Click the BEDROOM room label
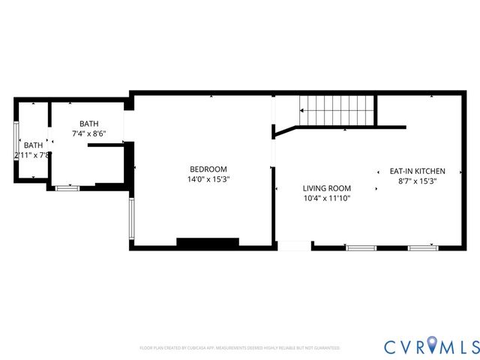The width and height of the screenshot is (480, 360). pyautogui.click(x=208, y=169)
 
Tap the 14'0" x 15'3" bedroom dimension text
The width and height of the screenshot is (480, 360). pyautogui.click(x=208, y=179)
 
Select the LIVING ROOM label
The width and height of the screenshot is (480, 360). pyautogui.click(x=326, y=188)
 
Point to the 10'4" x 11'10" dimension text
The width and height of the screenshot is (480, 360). pyautogui.click(x=326, y=198)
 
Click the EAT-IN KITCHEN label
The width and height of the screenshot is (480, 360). pyautogui.click(x=417, y=171)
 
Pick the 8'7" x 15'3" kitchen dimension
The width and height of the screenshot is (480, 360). pyautogui.click(x=417, y=181)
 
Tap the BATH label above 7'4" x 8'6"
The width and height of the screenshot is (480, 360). pyautogui.click(x=89, y=124)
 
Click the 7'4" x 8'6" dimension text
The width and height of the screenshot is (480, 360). pyautogui.click(x=89, y=134)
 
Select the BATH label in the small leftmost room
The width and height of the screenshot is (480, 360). pyautogui.click(x=33, y=145)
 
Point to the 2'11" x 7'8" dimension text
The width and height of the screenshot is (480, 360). pyautogui.click(x=31, y=155)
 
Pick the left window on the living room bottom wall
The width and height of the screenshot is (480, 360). pyautogui.click(x=361, y=247)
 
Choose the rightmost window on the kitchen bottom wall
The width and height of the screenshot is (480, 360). pyautogui.click(x=423, y=247)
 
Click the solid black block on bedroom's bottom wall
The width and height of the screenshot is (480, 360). pyautogui.click(x=208, y=243)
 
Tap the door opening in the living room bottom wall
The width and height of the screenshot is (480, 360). pyautogui.click(x=294, y=245)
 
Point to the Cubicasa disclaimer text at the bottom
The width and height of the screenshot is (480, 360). pyautogui.click(x=239, y=348)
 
